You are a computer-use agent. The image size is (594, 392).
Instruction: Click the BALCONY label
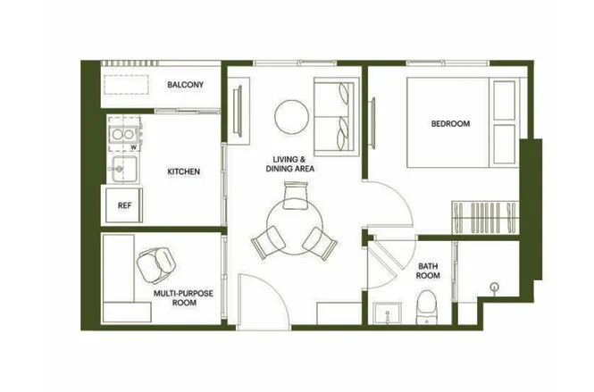coord(185,85)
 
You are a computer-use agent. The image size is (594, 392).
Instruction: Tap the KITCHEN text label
coord(183,171)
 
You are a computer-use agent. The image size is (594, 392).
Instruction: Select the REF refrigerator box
coord(124,205)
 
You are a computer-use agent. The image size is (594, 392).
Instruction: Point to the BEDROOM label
coord(450,123)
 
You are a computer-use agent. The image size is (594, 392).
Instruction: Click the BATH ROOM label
coord(428,271)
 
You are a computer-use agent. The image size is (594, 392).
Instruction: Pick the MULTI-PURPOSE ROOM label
coord(183,297)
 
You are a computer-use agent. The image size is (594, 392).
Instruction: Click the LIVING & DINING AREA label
coord(289,164)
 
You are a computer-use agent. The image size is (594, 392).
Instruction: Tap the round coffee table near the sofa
coord(291,117)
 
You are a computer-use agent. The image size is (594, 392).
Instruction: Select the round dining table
coord(295,227)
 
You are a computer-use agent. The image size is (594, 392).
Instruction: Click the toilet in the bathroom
coord(427,307)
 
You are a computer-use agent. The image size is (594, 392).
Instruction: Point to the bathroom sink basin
coord(387,313)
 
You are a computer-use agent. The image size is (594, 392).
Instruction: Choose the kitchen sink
coord(123,169)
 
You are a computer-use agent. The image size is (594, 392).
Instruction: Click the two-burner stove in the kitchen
coord(123,134)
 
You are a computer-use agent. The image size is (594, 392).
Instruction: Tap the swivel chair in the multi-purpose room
coord(156,264)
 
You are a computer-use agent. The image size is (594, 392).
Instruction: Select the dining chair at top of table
coord(296,195)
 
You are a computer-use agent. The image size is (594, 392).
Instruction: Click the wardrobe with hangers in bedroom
coord(485,217)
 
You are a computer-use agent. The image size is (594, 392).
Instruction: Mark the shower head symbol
coord(494,288)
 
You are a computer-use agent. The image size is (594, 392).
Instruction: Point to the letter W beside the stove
coord(133,147)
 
